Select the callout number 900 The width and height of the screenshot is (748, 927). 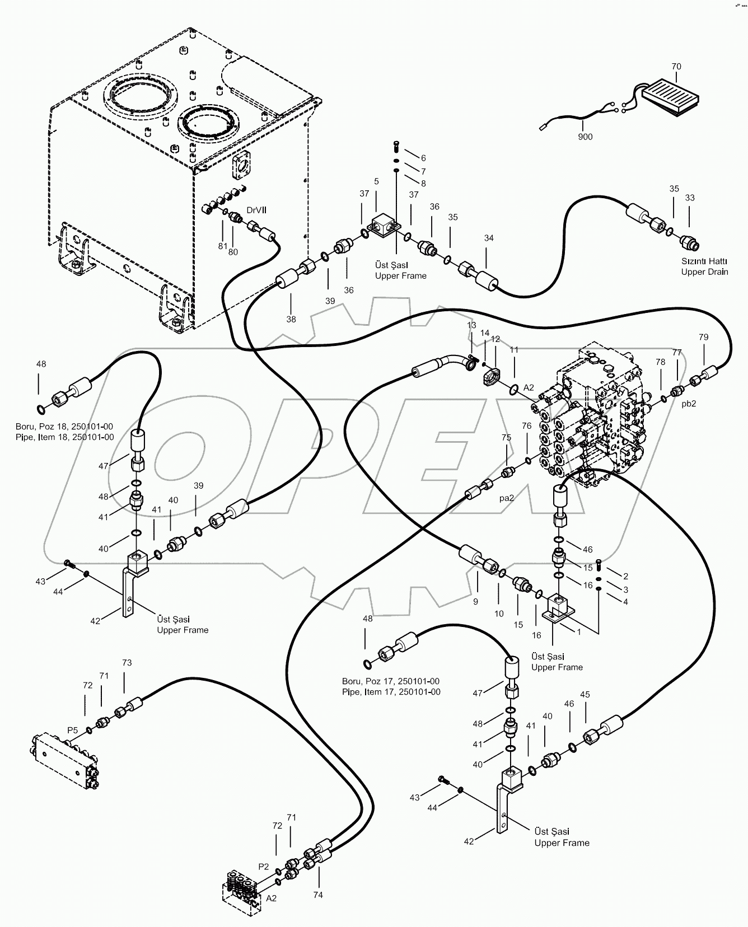[x=585, y=137]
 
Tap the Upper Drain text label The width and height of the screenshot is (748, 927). [x=704, y=272]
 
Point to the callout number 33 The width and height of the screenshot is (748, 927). [x=689, y=198]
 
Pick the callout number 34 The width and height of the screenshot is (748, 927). [x=489, y=238]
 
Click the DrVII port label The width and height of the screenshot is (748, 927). [x=257, y=210]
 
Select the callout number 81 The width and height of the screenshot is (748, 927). [x=223, y=246]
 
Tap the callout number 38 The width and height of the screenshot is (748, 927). [x=291, y=319]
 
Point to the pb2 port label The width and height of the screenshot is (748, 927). [x=688, y=404]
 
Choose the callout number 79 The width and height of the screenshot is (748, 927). [x=703, y=337]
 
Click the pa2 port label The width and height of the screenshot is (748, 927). [x=507, y=497]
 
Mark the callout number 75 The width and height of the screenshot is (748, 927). [x=506, y=438]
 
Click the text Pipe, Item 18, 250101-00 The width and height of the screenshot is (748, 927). [x=65, y=437]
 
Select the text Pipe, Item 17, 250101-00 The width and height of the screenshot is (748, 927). [x=391, y=692]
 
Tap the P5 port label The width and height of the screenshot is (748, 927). [x=73, y=730]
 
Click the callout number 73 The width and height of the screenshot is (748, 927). [x=127, y=663]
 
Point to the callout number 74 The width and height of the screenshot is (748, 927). [x=317, y=895]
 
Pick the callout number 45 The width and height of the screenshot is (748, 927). [x=585, y=695]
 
